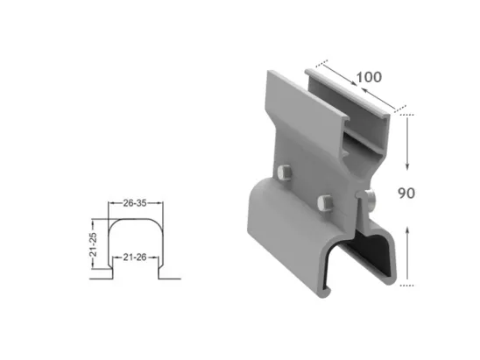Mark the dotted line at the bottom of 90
point(405,285)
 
